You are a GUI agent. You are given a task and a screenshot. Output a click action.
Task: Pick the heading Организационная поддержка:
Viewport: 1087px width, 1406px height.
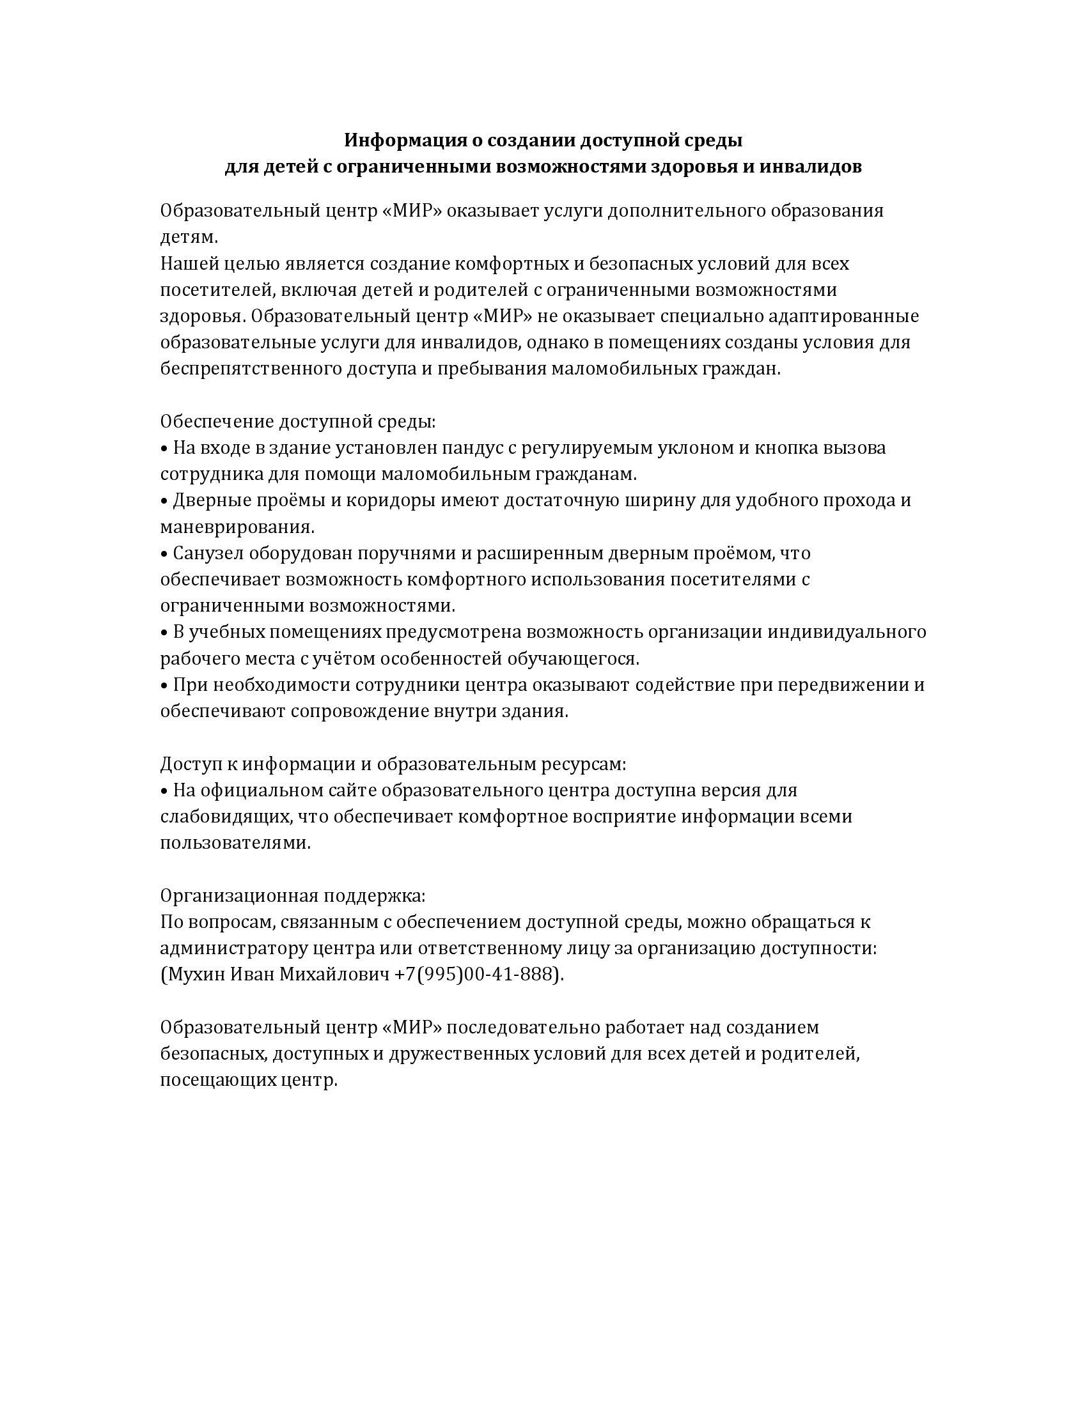293,896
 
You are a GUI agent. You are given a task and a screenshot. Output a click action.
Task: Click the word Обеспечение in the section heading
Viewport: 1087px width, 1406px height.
216,422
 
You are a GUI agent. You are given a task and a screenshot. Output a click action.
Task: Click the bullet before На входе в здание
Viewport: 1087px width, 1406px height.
164,448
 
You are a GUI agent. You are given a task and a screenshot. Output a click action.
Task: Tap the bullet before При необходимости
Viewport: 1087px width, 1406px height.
164,686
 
